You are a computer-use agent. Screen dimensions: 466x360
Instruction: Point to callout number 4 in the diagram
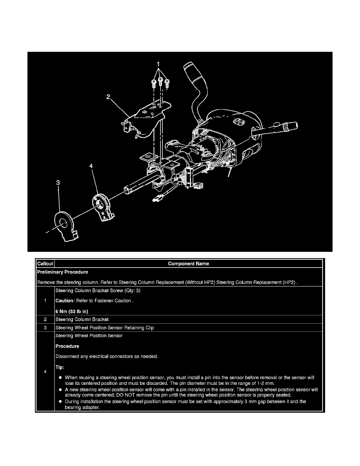(91, 167)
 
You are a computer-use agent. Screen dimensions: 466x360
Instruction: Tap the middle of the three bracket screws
(160, 82)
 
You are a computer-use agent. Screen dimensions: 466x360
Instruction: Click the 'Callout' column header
(45, 264)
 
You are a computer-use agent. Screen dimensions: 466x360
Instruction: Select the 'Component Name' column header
(188, 264)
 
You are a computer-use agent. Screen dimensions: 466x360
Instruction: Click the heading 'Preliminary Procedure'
(62, 271)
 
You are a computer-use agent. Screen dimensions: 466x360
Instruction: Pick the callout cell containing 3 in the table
(45, 327)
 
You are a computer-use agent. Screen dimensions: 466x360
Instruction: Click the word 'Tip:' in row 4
(61, 367)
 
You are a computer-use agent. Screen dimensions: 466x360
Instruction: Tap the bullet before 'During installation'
(61, 402)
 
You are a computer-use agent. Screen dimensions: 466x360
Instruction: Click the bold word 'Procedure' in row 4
(67, 346)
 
